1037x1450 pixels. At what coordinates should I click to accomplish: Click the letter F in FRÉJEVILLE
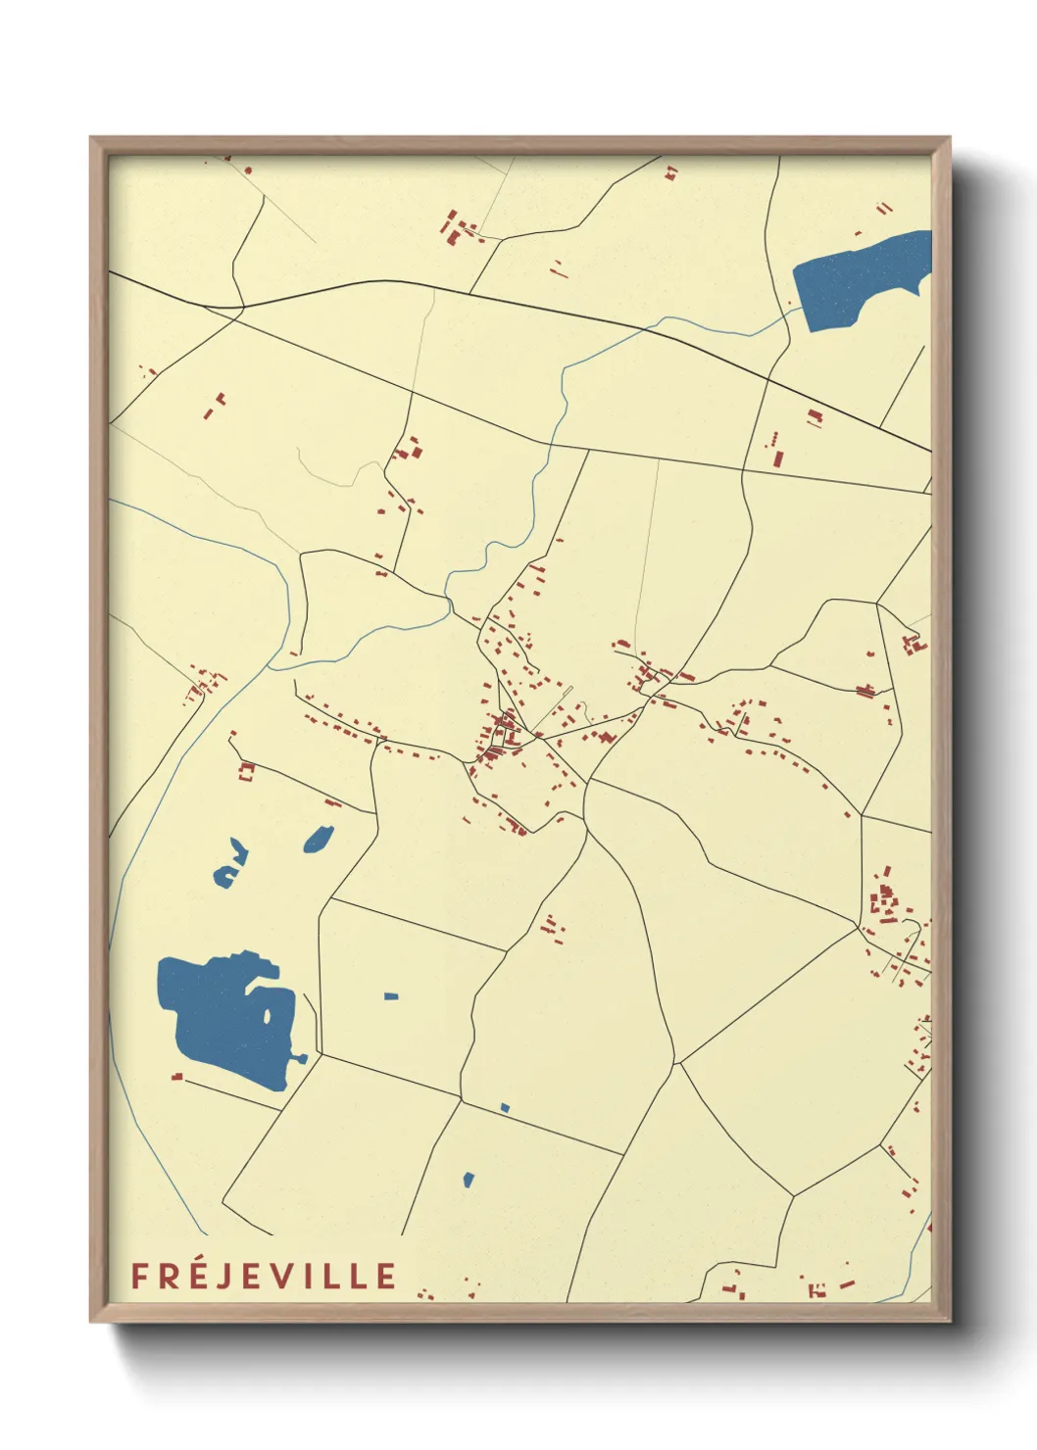[x=139, y=1276]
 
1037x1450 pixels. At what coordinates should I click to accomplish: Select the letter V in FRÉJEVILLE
[x=278, y=1276]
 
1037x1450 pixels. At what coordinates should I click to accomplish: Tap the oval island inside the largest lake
[x=267, y=1015]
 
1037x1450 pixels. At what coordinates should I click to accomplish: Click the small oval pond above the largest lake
[x=319, y=839]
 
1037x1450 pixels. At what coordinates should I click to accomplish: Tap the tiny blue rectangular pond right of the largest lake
[x=391, y=996]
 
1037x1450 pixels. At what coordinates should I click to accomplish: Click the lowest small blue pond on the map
[x=469, y=1180]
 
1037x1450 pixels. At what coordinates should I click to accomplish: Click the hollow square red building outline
[x=246, y=771]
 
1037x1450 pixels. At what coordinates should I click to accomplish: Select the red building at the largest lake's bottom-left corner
[x=177, y=1076]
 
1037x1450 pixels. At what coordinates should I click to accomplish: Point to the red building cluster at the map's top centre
[x=459, y=228]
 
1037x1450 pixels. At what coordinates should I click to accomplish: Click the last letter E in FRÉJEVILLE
[x=386, y=1276]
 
